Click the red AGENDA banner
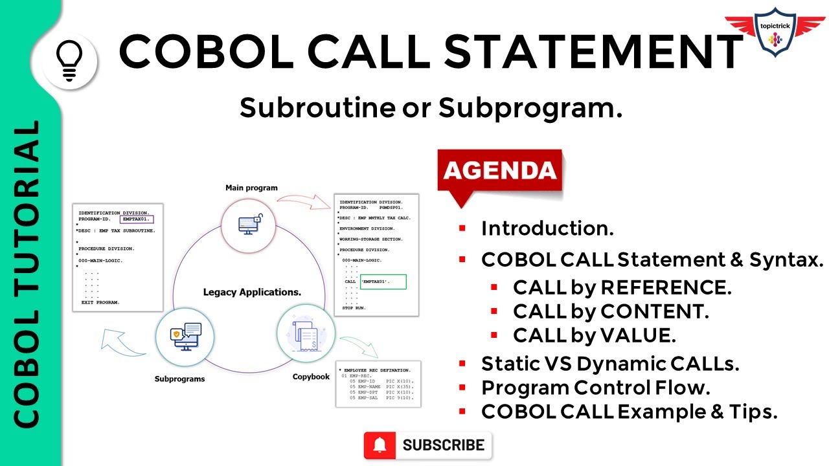click(x=499, y=170)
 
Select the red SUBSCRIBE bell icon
click(x=380, y=445)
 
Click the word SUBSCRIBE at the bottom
click(x=443, y=445)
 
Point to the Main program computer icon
click(x=249, y=224)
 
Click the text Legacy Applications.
click(x=252, y=292)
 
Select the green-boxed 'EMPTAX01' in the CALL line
click(x=383, y=282)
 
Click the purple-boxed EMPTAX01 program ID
click(x=137, y=220)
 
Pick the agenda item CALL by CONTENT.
click(x=611, y=311)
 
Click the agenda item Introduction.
click(x=547, y=228)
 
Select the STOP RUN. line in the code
click(x=354, y=307)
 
